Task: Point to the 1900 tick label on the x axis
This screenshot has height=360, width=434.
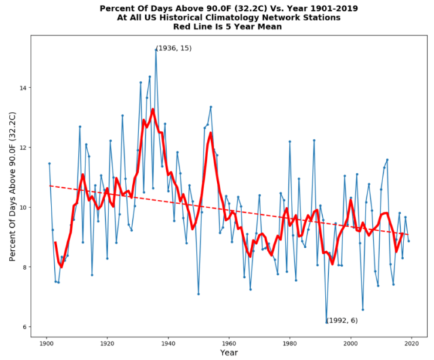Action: click(x=47, y=343)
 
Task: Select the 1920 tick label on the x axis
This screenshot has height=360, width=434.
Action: click(x=107, y=343)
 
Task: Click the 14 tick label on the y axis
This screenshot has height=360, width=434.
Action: click(x=22, y=88)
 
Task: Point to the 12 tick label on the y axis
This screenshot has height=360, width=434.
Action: click(x=22, y=148)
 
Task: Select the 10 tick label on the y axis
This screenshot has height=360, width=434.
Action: click(x=22, y=207)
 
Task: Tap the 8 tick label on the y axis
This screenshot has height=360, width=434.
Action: click(x=24, y=267)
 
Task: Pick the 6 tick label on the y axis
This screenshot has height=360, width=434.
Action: click(x=24, y=327)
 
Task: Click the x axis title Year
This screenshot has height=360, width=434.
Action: click(x=229, y=353)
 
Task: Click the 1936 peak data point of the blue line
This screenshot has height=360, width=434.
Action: click(x=156, y=49)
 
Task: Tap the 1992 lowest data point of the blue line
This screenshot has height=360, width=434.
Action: click(x=326, y=321)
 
